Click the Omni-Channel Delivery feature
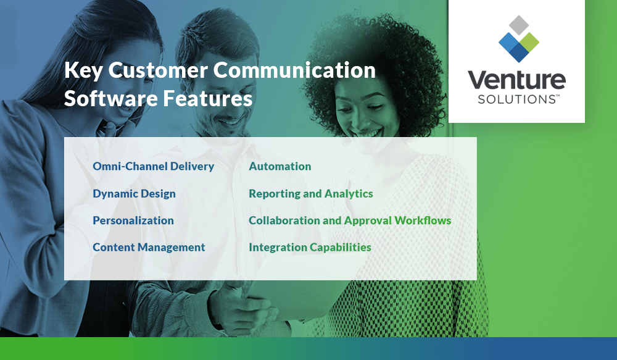tap(153, 166)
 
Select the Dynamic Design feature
tap(134, 193)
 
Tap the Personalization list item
tap(133, 220)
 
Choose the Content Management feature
tap(149, 247)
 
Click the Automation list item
tap(280, 166)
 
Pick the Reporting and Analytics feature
tap(310, 193)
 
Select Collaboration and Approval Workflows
tap(350, 220)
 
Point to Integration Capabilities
tap(310, 247)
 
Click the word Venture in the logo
tap(516, 80)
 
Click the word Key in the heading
tap(83, 70)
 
